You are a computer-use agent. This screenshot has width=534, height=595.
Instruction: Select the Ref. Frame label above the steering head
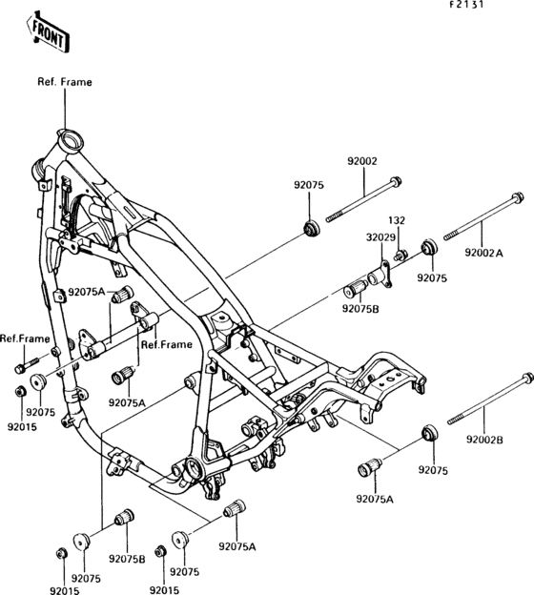tap(65, 83)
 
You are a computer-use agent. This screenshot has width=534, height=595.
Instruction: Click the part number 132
tap(396, 220)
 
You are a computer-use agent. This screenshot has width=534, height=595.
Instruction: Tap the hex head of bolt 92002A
tap(516, 199)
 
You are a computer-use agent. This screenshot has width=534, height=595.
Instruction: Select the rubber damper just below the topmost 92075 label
tap(309, 228)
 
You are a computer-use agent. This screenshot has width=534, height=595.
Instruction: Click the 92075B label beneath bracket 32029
tap(362, 308)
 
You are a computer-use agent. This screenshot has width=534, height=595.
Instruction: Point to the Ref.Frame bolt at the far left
tap(23, 366)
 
